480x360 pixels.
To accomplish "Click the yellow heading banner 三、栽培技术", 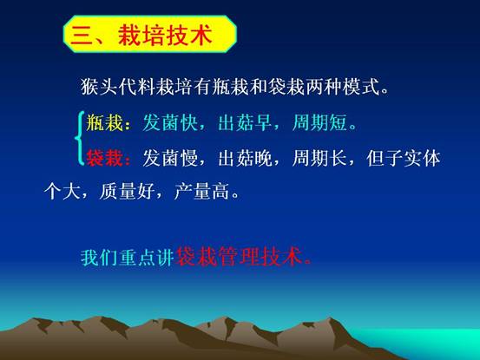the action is pos(150,34).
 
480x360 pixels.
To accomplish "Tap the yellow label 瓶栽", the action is pos(104,122).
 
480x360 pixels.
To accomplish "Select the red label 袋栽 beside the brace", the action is pos(104,158).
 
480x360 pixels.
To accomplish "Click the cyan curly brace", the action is pos(80,138).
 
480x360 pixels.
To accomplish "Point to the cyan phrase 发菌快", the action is pos(170,122).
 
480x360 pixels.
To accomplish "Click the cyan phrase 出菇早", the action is pos(245,122).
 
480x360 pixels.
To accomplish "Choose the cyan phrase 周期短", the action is pos(319,122).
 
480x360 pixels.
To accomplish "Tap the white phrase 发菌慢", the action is pos(170,158).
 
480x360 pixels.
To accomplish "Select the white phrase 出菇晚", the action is pos(245,158).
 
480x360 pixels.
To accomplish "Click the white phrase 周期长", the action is pos(319,158).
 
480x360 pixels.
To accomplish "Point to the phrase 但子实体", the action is pos(404,158).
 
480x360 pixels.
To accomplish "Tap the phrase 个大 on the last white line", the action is pos(62,192).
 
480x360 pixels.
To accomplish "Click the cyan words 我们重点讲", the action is pos(128,258).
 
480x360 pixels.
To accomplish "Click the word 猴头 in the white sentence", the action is pos(100,87).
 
